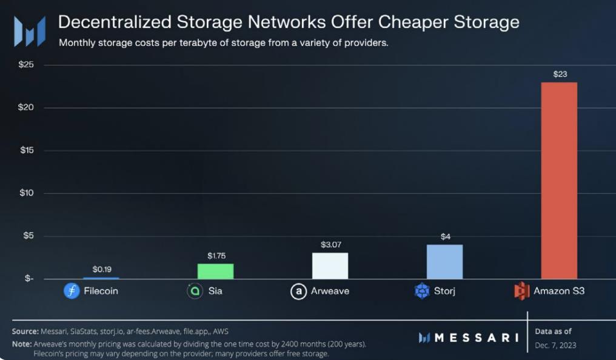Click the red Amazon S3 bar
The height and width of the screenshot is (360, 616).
559,181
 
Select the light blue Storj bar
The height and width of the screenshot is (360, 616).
444,262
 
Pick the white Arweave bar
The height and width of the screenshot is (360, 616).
330,266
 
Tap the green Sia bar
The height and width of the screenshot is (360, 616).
215,272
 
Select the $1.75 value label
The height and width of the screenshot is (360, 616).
216,256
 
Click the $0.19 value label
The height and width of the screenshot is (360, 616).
101,268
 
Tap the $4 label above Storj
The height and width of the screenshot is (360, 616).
445,236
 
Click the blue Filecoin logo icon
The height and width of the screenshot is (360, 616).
72,291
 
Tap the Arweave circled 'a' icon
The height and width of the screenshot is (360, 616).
298,292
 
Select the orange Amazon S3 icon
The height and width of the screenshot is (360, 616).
521,291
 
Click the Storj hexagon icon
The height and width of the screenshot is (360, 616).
422,291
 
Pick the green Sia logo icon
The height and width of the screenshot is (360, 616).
195,291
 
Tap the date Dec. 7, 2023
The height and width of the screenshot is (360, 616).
555,345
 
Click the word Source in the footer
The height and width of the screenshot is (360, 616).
25,331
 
